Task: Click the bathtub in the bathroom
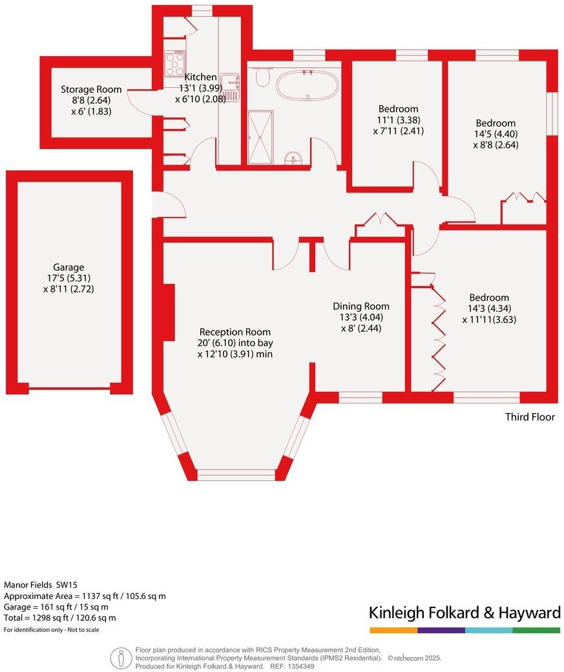pyautogui.click(x=307, y=85)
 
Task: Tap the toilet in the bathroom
pyautogui.click(x=262, y=78)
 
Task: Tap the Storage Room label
pyautogui.click(x=91, y=89)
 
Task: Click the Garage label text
pyautogui.click(x=69, y=267)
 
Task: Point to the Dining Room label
pyautogui.click(x=361, y=306)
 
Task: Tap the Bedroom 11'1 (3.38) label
pyautogui.click(x=398, y=108)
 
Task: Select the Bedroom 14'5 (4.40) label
pyautogui.click(x=496, y=123)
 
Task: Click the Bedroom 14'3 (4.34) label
pyautogui.click(x=489, y=297)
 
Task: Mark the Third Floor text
pyautogui.click(x=530, y=417)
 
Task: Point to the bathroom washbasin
pyautogui.click(x=295, y=158)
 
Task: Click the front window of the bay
pyautogui.click(x=236, y=474)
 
